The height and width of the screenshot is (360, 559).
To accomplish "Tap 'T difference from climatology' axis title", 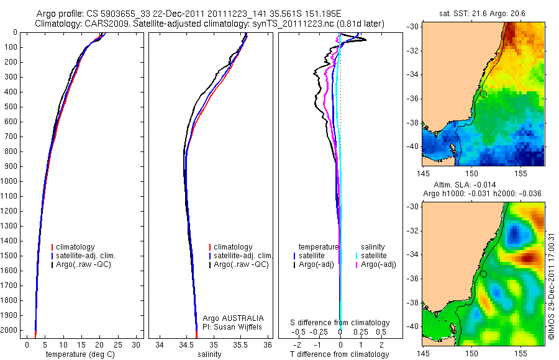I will pos(340,354).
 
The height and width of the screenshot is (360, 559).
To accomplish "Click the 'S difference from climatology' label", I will pos(340,323).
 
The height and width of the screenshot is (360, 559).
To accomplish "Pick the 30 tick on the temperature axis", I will pos(137,344).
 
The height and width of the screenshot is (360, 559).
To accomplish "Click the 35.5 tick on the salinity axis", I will pos(241,344).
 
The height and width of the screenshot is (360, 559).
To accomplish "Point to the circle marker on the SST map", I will pos(483,94).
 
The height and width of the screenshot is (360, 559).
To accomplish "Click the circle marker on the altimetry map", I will pos(483,274).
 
